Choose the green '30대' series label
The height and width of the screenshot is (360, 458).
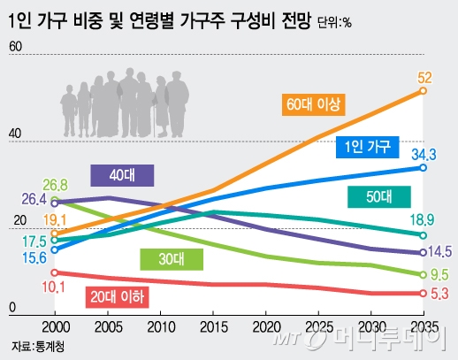click(x=172, y=258)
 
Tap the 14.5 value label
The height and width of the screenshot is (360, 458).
click(x=440, y=251)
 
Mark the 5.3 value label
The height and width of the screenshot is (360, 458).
click(x=439, y=294)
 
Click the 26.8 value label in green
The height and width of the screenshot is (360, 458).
click(x=54, y=185)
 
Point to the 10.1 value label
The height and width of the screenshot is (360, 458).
click(x=54, y=286)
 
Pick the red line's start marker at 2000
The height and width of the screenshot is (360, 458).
click(x=55, y=272)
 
